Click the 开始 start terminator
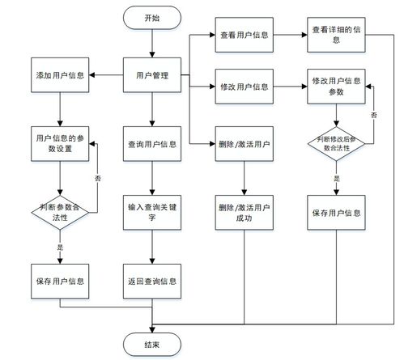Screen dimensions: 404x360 point(152,18)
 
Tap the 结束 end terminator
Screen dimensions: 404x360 point(152,345)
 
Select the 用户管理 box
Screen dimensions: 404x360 point(152,75)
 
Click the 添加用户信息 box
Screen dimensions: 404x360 point(60,75)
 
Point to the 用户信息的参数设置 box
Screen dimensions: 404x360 point(60,144)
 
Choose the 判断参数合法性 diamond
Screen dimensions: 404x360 point(60,213)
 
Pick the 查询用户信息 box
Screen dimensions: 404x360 point(152,144)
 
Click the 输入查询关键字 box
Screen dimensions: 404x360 point(152,213)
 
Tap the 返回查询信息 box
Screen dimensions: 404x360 point(152,282)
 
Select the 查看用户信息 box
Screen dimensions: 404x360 point(244,35)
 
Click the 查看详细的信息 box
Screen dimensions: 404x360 point(336,35)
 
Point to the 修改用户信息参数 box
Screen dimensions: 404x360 point(336,87)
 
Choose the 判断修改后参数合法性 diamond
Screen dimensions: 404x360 point(336,144)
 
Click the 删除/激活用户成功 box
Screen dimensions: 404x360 point(244,213)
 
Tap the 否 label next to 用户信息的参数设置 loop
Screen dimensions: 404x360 point(98,178)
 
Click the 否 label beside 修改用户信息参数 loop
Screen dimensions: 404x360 point(374,115)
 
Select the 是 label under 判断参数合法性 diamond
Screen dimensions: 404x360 point(60,247)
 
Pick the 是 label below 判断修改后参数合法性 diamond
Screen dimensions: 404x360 point(337,178)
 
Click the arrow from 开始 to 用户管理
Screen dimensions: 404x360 point(152,43)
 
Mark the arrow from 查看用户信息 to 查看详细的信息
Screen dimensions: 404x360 point(290,35)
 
